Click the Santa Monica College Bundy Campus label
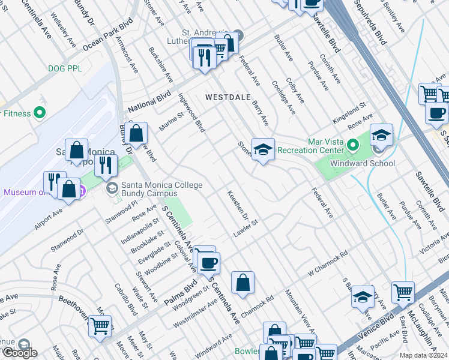(x=162, y=189)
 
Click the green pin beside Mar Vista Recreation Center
(x=354, y=145)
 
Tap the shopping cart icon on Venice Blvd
(x=403, y=293)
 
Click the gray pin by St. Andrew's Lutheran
(x=238, y=34)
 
